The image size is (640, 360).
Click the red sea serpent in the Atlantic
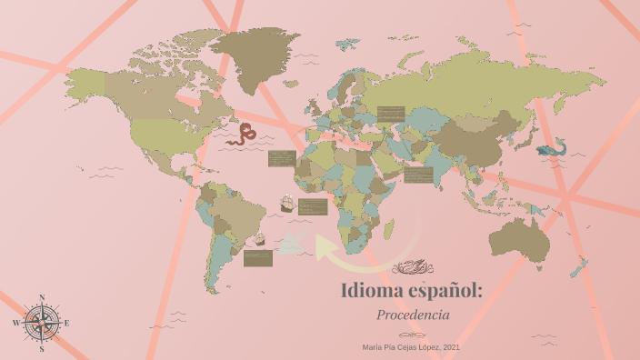click(245, 134)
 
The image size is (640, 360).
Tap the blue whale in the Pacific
click(552, 148)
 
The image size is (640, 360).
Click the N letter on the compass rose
click(41, 297)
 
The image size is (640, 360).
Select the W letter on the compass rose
click(16, 323)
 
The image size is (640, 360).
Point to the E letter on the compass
click(66, 323)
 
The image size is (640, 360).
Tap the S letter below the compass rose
click(42, 348)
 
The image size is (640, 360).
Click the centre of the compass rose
click(41, 323)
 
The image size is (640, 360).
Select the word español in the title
click(447, 292)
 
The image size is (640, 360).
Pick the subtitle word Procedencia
click(413, 315)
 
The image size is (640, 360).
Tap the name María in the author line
click(372, 346)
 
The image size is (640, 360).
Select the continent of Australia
click(520, 239)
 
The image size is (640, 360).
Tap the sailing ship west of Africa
click(286, 204)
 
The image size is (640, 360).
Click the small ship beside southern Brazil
click(258, 239)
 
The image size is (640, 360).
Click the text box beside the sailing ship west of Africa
click(312, 206)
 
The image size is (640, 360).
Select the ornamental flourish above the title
click(412, 268)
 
